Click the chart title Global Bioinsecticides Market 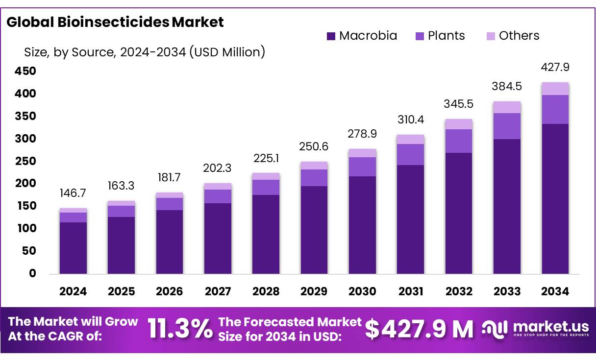tap(115, 22)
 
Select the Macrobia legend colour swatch tap(331, 36)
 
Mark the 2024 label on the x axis tap(73, 291)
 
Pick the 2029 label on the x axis tap(314, 291)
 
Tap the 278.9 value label tap(362, 133)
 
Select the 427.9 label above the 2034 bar tap(555, 67)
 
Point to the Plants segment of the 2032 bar tap(459, 141)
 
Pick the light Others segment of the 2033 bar tap(507, 107)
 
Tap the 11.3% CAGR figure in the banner tap(180, 329)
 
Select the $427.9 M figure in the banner tap(419, 329)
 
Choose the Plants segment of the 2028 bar tap(266, 187)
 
